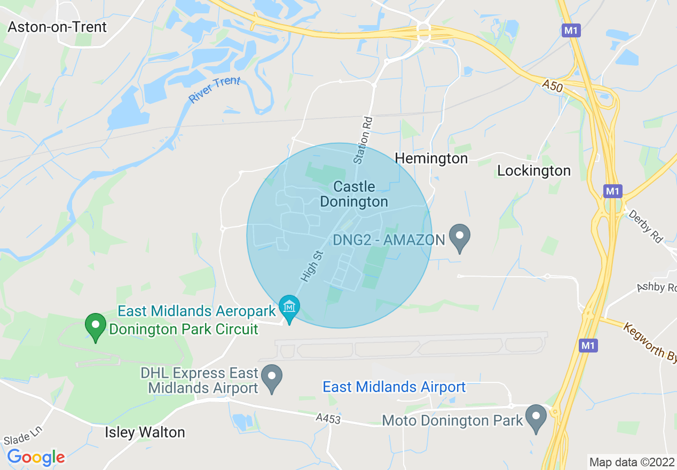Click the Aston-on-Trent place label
click(57, 27)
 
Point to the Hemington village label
click(431, 158)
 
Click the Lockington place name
click(534, 170)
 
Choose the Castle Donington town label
click(354, 194)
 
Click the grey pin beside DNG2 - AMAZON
click(459, 236)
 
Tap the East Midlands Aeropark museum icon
click(289, 308)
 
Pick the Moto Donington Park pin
click(536, 417)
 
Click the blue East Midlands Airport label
click(394, 387)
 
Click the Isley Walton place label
click(145, 432)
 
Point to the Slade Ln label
click(22, 436)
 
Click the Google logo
click(36, 457)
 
